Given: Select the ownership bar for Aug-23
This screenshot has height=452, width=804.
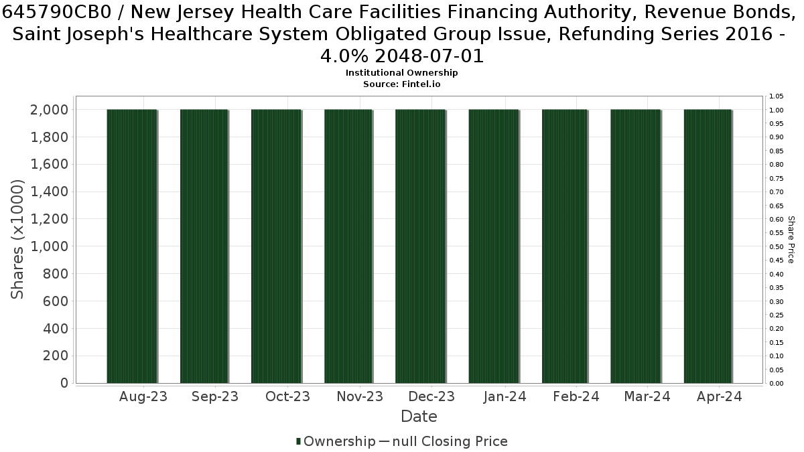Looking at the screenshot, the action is pos(132,246).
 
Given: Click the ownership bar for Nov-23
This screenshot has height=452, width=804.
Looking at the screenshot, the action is pos(348,246).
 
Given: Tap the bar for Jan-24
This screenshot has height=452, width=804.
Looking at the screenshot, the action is pos(494,246).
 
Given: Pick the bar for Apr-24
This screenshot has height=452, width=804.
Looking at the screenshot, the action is pos(708,246).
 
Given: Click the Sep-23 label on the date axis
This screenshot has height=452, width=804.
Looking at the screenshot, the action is pos(215,396).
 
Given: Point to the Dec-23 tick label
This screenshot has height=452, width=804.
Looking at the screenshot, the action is pos(431,396).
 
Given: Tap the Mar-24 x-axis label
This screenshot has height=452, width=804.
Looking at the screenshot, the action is pos(647,396).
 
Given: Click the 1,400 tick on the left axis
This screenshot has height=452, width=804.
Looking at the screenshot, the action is pos(49,192).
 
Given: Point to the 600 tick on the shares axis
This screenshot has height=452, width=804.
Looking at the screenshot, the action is pos(55,301).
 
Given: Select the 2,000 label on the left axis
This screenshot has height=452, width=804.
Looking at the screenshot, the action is pos(49,109).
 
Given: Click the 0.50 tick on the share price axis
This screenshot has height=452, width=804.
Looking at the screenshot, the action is pos(777,246).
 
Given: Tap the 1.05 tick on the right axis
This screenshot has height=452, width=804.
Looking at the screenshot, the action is pos(777,96).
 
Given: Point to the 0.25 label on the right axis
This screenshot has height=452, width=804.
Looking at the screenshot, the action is pos(777,315).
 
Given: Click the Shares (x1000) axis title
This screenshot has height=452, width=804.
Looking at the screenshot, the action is pos(17,239).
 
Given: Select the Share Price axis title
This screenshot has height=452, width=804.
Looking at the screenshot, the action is pos(791,240).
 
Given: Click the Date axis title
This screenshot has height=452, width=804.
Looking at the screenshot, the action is pos(419,417).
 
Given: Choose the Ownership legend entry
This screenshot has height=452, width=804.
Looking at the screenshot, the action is pos(336,441).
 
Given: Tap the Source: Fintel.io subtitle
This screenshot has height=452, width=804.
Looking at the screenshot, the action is pos(401,84).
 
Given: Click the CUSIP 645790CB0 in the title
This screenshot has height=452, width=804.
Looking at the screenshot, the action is pos(62,12).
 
